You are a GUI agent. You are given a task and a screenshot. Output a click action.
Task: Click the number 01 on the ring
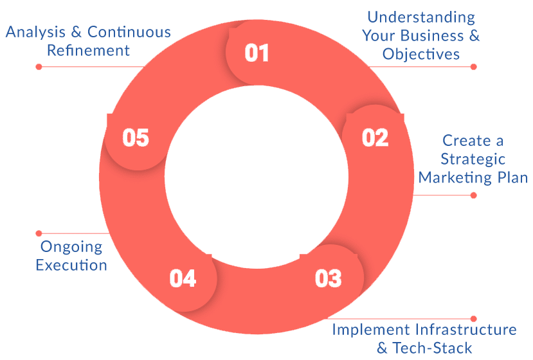257,52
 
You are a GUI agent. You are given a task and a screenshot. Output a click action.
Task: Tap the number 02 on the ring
375,138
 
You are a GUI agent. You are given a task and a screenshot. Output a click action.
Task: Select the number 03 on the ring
328,278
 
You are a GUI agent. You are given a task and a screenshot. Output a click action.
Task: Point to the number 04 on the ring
183,278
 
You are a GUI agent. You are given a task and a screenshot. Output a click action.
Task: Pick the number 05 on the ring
136,138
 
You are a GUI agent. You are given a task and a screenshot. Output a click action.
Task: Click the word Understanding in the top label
421,17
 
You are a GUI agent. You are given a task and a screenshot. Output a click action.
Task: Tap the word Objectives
421,54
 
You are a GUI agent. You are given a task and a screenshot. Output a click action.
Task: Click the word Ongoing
71,246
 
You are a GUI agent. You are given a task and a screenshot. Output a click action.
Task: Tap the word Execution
71,264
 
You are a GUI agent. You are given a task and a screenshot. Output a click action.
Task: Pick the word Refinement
88,50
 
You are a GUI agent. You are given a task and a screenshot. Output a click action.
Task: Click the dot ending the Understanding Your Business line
473,66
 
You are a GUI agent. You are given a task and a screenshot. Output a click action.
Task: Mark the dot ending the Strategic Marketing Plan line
473,195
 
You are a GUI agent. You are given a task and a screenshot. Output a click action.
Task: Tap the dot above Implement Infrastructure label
473,318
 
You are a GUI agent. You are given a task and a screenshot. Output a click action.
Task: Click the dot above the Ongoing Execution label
39,233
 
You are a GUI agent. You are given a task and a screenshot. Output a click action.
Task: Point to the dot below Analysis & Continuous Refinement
39,66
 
